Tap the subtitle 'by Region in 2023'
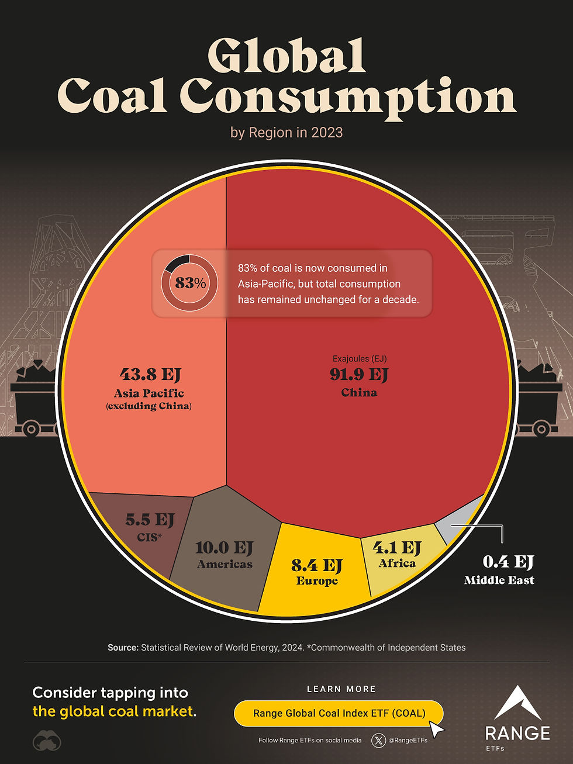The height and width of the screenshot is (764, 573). point(286,133)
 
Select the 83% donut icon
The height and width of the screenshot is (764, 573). point(189,283)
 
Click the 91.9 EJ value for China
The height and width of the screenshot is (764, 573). point(358,374)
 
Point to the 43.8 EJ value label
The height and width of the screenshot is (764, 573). point(150,374)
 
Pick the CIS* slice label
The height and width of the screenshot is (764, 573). point(150,537)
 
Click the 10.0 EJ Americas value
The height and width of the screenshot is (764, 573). point(224,548)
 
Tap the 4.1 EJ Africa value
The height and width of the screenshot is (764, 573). point(397,548)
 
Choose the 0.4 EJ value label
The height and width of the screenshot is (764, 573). point(508,562)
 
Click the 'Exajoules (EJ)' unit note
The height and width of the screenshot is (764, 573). point(360,359)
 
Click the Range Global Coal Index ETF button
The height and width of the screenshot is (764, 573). point(339,713)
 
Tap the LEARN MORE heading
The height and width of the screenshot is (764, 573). point(341,689)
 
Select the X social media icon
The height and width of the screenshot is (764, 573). point(379,741)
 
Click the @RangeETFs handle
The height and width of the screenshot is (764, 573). point(408,741)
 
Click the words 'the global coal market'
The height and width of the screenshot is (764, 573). point(112,711)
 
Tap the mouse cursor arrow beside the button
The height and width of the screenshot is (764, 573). point(436,729)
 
